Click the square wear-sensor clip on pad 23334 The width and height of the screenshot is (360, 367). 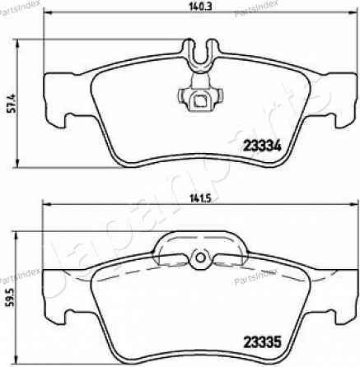click(x=199, y=101)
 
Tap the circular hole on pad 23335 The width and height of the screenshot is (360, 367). click(x=198, y=260)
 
